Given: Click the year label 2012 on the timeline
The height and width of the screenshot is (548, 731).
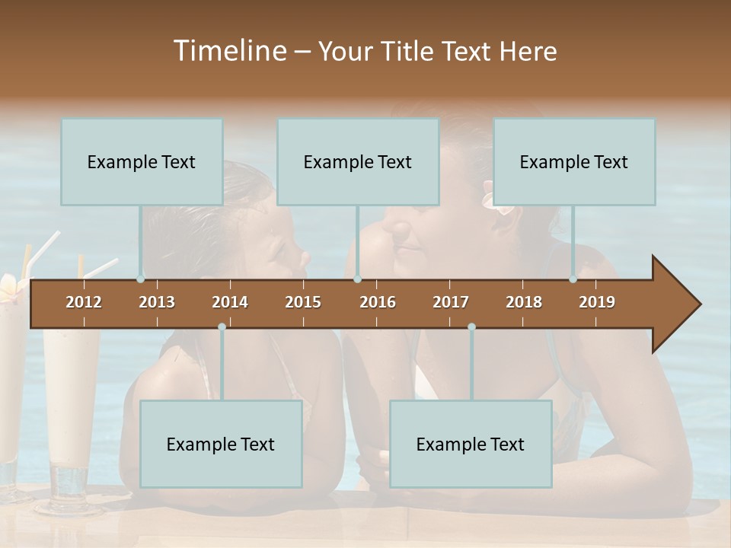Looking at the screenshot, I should [x=84, y=302].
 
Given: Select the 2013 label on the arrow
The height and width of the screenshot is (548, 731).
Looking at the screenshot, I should [x=157, y=302].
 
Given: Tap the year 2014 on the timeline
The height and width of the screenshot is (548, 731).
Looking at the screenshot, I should [x=230, y=302].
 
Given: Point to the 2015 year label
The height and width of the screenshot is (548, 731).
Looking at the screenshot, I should [x=303, y=302].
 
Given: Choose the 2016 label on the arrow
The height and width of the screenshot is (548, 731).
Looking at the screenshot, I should [x=378, y=302].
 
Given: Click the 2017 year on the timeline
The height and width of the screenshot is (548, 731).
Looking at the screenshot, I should [x=451, y=302].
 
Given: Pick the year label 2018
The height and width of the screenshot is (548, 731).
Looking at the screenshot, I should [x=524, y=302].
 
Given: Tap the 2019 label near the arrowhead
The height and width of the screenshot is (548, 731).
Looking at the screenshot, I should [x=597, y=302].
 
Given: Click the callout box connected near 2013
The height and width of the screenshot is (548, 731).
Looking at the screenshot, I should [x=142, y=161].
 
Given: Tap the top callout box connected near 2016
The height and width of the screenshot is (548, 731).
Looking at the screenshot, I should [x=358, y=161].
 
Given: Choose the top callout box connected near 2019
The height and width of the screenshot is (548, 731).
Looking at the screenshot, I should [x=574, y=161].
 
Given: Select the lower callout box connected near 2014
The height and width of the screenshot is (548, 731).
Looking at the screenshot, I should [x=221, y=444].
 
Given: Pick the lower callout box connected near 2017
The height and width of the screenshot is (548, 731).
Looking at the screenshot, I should [x=471, y=444].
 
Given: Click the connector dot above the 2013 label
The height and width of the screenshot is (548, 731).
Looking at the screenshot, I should [x=141, y=279].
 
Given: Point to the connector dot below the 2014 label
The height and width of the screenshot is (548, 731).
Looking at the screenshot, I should [x=222, y=327].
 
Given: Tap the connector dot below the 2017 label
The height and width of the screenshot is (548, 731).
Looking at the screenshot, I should [x=471, y=327].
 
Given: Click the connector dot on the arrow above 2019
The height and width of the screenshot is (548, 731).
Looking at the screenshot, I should [x=573, y=279].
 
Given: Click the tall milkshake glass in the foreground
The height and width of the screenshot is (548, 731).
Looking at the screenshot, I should [x=70, y=411].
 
